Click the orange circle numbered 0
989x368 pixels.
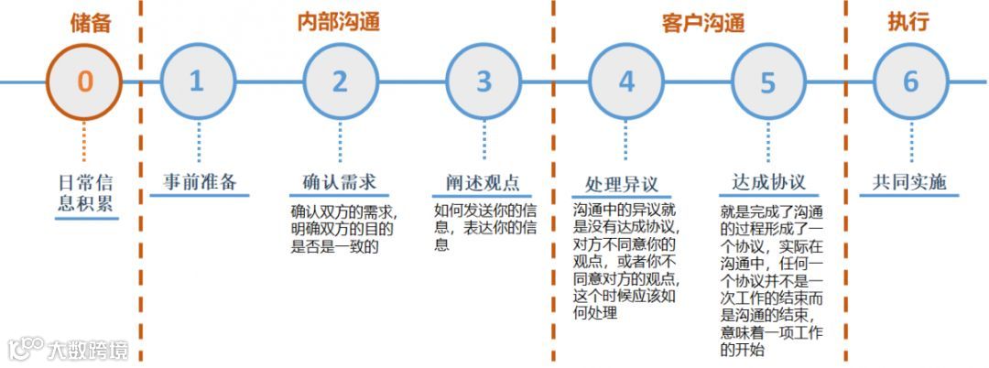click(84, 81)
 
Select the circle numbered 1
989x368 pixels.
click(197, 81)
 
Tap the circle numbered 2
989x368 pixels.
click(340, 81)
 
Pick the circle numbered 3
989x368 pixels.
click(484, 81)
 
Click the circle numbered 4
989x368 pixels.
click(626, 81)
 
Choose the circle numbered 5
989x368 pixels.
click(767, 82)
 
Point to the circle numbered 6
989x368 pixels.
click(910, 81)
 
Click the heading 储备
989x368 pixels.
click(91, 22)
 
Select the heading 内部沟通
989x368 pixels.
click(339, 22)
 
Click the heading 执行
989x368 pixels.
click(908, 22)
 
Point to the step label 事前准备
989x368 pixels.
click(200, 181)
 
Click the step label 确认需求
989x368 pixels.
click(340, 181)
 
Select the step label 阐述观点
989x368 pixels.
click(483, 181)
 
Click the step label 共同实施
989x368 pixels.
click(909, 181)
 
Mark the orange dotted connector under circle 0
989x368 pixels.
click(84, 142)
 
